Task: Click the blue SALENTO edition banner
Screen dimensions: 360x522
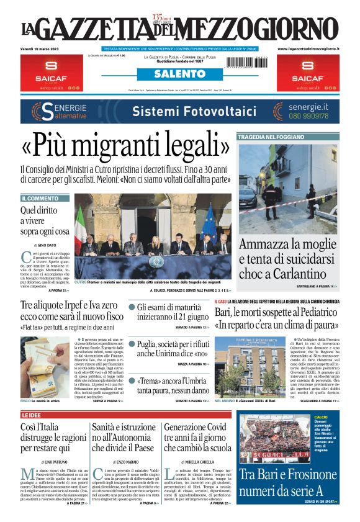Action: [179, 74]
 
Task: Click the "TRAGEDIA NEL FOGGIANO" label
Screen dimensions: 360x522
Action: [271, 137]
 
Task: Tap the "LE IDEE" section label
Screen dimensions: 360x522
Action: [32, 415]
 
